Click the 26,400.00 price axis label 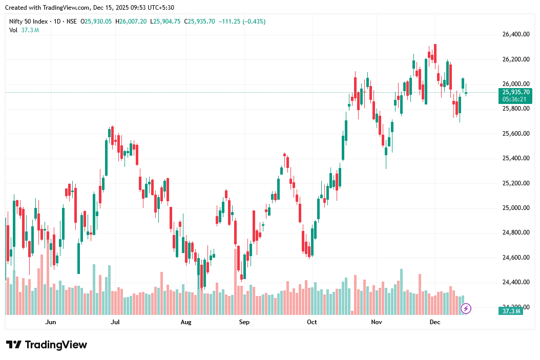point(515,35)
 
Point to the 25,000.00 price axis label point(515,208)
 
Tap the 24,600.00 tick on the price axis point(515,258)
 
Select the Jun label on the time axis point(50,322)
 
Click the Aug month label point(186,322)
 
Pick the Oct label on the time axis point(311,322)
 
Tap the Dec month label point(435,322)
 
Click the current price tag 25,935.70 point(516,92)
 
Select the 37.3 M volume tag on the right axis point(511,311)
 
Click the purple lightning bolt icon point(466,308)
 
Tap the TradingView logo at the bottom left point(47,345)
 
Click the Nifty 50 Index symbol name point(29,22)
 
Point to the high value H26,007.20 point(131,22)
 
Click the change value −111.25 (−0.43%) point(242,22)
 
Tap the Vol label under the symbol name point(13,30)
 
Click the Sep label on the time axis point(244,322)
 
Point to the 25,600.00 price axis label point(515,134)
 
